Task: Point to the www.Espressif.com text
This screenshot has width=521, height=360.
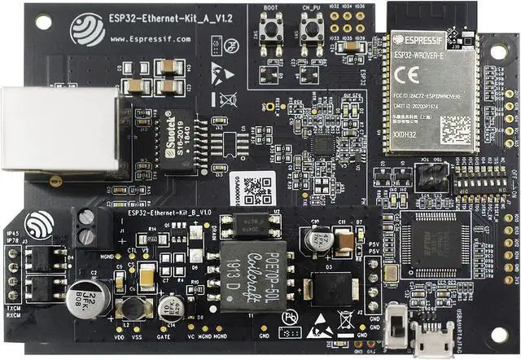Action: click(x=150, y=38)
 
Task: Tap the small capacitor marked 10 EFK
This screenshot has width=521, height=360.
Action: click(x=170, y=308)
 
